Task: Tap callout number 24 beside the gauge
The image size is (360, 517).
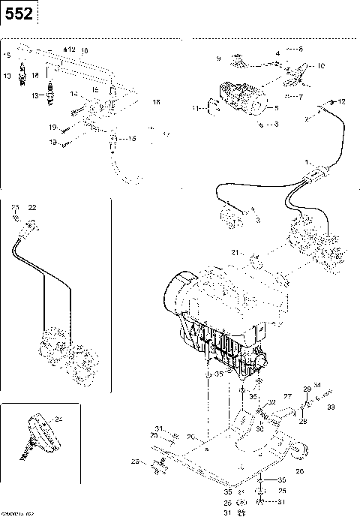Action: click(x=58, y=419)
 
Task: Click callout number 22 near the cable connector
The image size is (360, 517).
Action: click(x=31, y=206)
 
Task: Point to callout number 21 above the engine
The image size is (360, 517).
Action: click(x=234, y=252)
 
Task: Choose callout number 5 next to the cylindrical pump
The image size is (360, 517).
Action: click(x=276, y=108)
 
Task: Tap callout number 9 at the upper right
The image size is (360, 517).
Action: click(x=218, y=58)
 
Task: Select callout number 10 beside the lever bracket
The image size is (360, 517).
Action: click(x=321, y=66)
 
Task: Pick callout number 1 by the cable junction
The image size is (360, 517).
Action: click(x=306, y=161)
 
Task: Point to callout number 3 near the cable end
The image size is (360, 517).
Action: click(x=257, y=221)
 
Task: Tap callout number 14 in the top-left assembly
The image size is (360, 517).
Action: click(x=73, y=94)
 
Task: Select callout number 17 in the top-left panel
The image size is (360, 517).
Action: click(x=166, y=135)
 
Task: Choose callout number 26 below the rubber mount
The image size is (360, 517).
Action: click(x=299, y=471)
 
